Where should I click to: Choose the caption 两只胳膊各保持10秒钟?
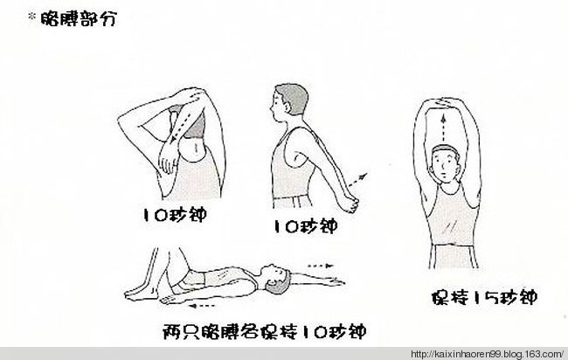coord(263,331)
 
